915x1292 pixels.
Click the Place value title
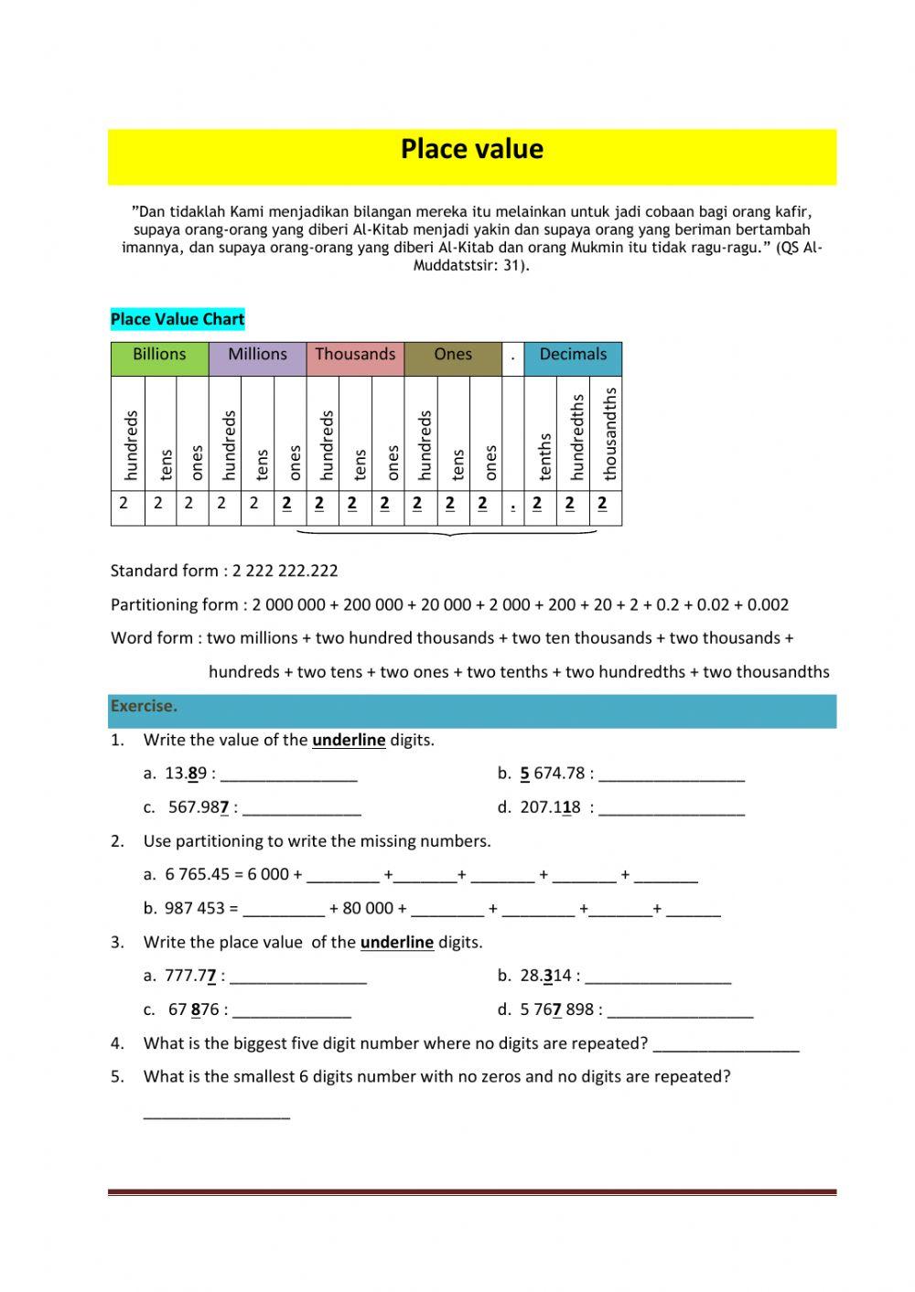[471, 149]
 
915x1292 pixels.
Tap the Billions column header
[159, 355]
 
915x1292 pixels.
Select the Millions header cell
[257, 355]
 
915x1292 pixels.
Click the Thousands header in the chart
[355, 355]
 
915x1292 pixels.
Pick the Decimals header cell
[573, 355]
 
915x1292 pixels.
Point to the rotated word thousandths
[610, 433]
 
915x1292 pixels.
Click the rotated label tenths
[545, 456]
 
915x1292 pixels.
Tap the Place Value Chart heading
[178, 319]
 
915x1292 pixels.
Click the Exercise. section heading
[144, 706]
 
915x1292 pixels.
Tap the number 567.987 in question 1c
[198, 807]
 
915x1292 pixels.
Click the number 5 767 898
[557, 1009]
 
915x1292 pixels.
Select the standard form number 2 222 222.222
[285, 571]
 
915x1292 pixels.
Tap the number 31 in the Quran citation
[511, 266]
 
